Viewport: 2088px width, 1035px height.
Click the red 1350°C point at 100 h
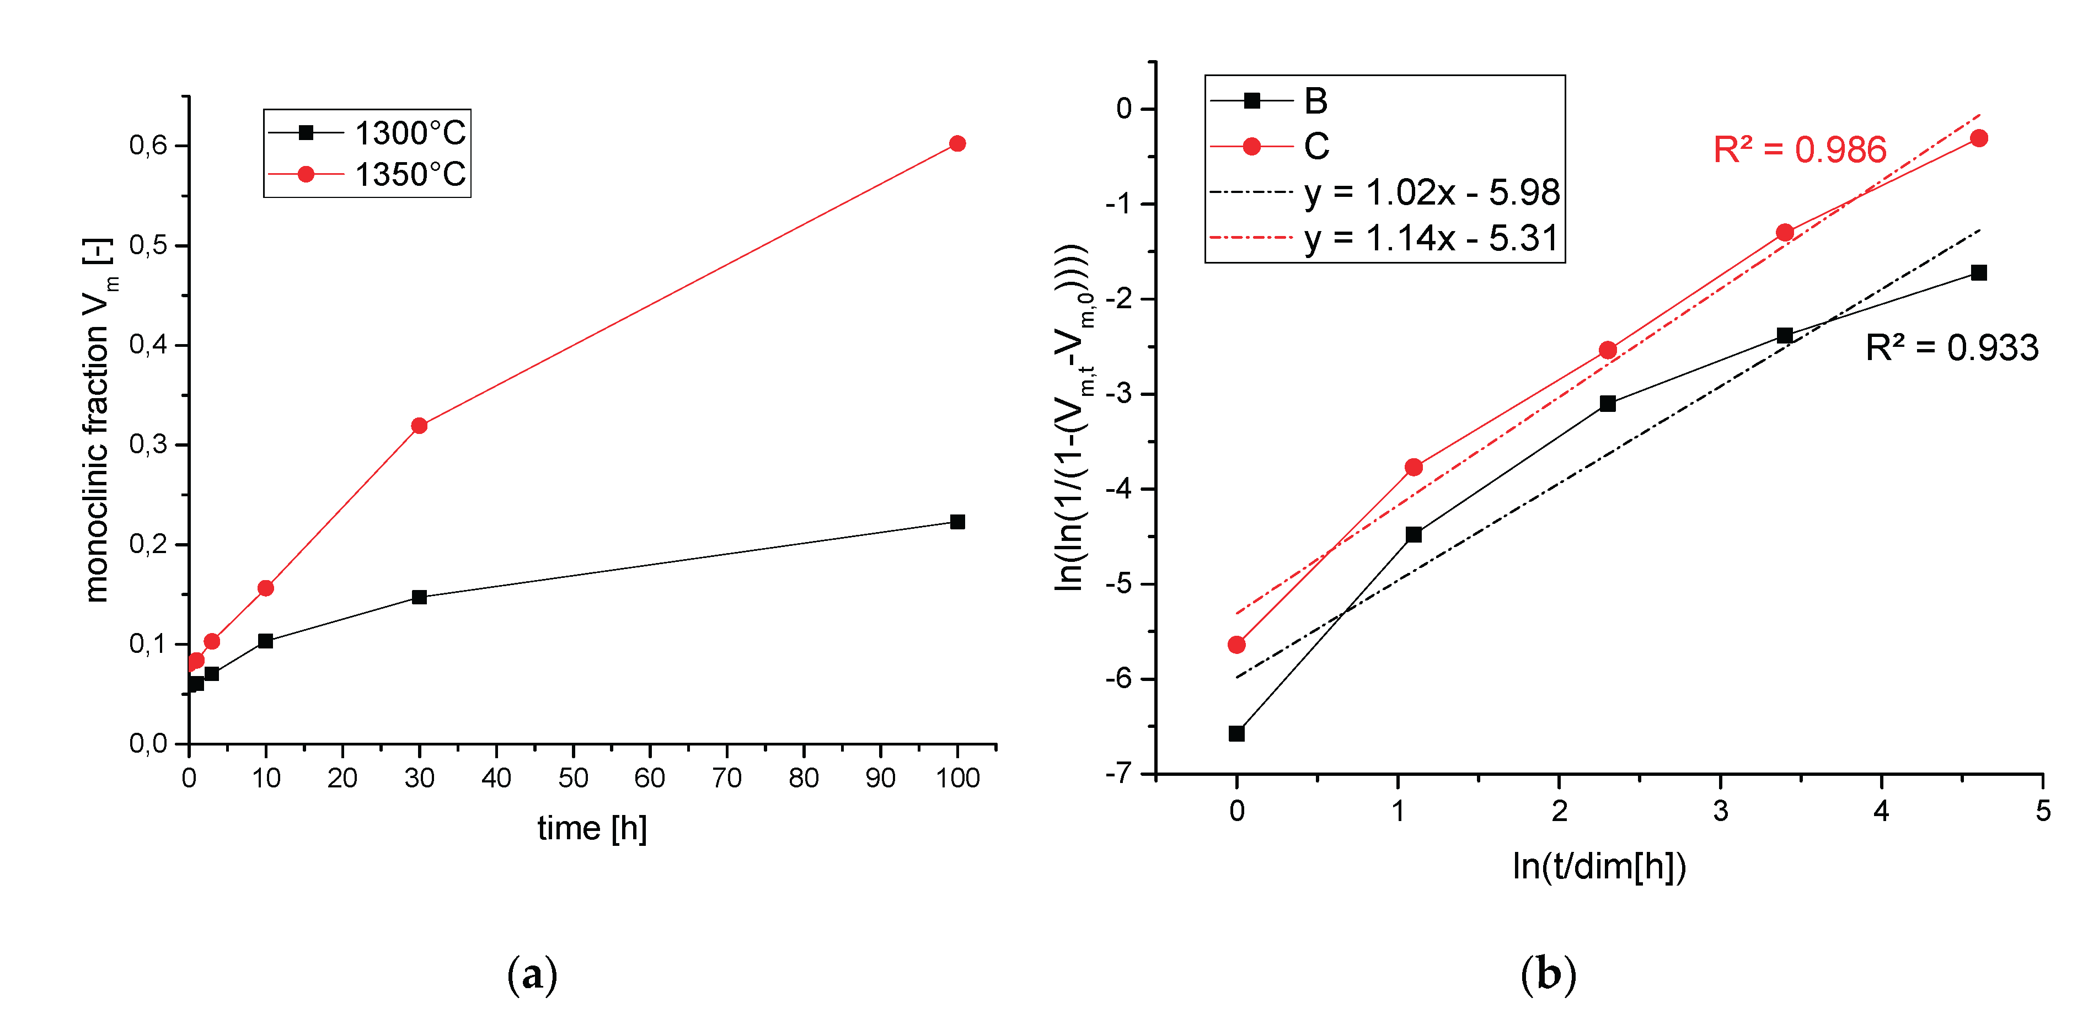[957, 143]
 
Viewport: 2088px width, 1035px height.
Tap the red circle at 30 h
[419, 426]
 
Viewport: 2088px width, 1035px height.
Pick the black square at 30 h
[419, 597]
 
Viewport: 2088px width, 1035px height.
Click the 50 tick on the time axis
[573, 778]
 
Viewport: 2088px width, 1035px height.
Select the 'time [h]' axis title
[592, 828]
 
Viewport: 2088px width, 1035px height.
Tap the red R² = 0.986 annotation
[1800, 150]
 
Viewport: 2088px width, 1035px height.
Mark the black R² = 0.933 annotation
[1951, 348]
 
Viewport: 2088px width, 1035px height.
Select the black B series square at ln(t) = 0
[1236, 733]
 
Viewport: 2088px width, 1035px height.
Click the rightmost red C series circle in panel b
[1979, 138]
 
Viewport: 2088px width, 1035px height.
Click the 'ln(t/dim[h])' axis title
[1598, 866]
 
